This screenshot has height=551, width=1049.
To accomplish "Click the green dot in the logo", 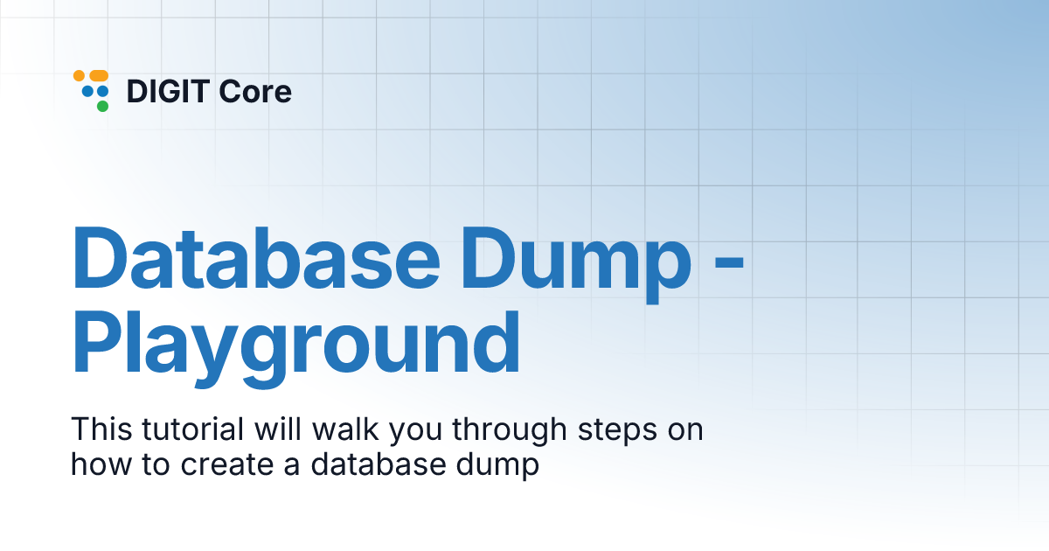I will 102,106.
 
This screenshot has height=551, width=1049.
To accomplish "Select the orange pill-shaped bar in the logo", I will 98,76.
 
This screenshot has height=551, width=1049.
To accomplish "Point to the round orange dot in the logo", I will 79,76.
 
